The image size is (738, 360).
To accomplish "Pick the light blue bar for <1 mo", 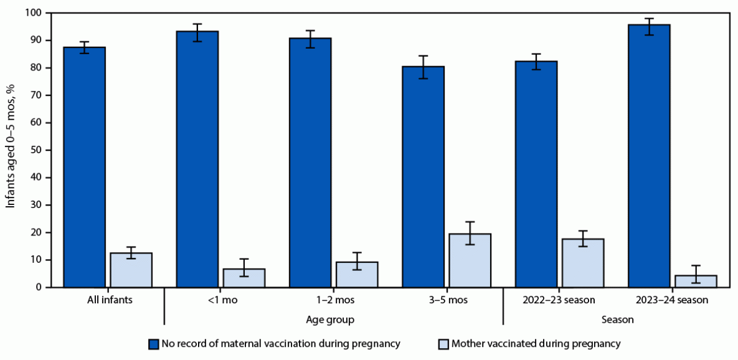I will pos(244,278).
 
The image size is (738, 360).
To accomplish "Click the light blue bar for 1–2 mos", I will pos(357,274).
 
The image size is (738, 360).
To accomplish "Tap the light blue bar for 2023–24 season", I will pos(696,281).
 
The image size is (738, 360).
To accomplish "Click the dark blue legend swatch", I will pos(153,343).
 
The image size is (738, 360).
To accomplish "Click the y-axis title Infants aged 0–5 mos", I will pos(12,149).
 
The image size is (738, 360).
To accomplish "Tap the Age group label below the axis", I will pos(333,320).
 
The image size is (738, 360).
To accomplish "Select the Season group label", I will pos(617,320).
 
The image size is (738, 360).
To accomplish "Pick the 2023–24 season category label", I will pos(673,300).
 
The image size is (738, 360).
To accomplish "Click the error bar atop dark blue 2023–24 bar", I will pos(648,27).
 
